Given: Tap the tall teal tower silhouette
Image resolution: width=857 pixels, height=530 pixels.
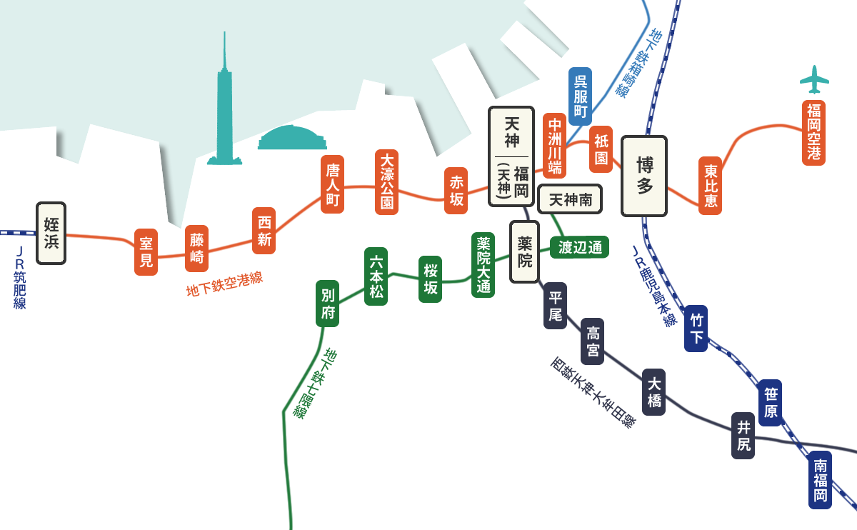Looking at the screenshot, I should coord(225,114).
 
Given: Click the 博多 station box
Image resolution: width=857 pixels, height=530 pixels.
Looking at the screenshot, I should coord(644,176).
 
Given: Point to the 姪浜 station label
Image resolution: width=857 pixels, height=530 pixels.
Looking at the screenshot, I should coord(51,233).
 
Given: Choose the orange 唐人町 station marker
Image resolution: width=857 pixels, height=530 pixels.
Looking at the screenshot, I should coord(332,184).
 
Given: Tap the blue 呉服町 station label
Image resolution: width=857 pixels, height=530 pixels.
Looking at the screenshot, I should coord(581,96).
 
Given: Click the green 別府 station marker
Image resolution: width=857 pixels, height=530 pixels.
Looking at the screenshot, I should coord(327,304).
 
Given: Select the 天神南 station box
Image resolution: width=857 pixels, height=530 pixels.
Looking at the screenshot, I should coord(570,200).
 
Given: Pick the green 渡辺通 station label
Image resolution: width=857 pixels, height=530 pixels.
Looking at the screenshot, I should coord(580,247).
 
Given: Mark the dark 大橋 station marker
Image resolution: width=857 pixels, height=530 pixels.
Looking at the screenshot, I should coord(654,392).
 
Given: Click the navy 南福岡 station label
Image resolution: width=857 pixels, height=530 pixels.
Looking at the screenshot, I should coord(821,480).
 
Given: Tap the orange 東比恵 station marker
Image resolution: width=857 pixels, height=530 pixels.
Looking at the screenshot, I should coord(711,186).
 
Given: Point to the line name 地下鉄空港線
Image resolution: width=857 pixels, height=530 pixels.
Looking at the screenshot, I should coord(224,284).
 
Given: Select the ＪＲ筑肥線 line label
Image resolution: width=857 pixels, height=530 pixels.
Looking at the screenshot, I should coord(20,278).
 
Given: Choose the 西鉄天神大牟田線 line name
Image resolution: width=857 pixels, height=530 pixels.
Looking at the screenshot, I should coord(593,392).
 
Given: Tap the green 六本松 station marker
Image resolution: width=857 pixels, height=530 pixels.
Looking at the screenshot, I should coord(376,276).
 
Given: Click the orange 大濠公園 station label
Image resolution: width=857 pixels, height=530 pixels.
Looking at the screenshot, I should coord(386,182).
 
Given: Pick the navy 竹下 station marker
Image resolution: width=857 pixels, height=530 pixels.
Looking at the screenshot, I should coord(696,329).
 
